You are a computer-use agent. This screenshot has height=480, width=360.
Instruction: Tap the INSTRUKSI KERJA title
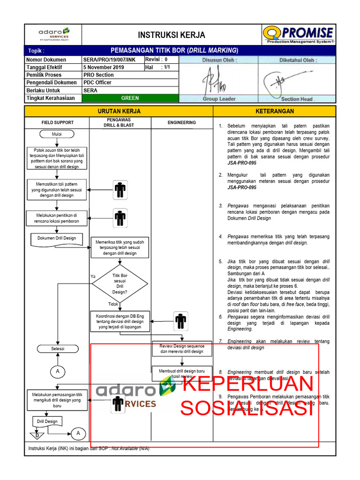point(171,35)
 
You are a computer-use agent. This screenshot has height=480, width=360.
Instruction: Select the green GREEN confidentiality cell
point(130,98)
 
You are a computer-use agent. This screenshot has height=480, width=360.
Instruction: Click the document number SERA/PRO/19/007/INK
point(109,60)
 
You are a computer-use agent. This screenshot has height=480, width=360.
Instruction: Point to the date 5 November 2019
point(104,67)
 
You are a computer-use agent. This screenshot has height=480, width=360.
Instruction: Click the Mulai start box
point(57,135)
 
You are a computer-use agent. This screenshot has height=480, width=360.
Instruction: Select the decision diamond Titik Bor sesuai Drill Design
point(120,284)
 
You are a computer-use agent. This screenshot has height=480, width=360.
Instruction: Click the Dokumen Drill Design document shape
point(57,239)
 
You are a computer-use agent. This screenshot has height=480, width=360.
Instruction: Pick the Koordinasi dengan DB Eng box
point(120,322)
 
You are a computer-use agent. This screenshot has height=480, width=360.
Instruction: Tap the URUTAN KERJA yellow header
point(119,111)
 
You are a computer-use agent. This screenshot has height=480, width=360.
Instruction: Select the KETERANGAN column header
point(275,111)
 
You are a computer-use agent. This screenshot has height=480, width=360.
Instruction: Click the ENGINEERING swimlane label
point(182,122)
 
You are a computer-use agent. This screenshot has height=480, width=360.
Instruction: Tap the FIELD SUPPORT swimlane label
point(57,122)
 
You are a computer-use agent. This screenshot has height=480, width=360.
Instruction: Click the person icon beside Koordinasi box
point(180,321)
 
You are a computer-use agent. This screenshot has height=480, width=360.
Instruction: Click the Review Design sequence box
point(182,349)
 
